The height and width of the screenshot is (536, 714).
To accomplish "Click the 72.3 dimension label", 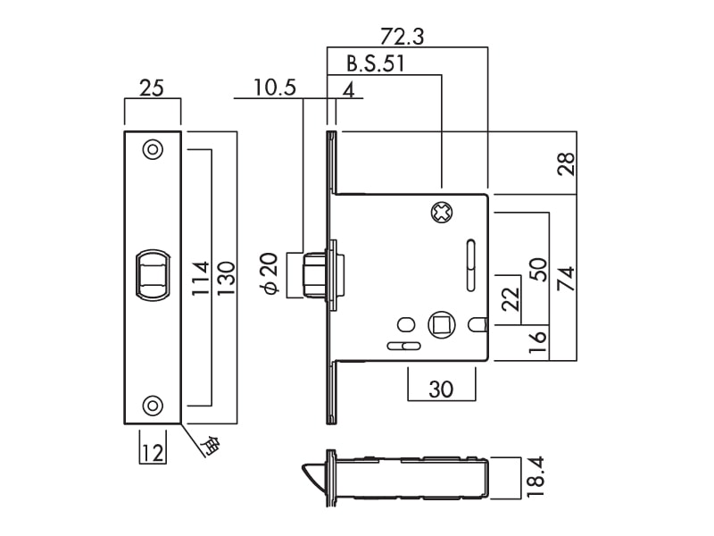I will pyautogui.click(x=402, y=37).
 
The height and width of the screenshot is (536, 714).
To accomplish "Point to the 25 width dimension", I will pyautogui.click(x=152, y=88).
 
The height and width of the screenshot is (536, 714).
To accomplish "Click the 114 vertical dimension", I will pyautogui.click(x=201, y=278).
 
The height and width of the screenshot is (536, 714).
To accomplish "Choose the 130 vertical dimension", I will pyautogui.click(x=225, y=278).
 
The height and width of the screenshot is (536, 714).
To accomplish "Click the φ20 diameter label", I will pyautogui.click(x=272, y=273).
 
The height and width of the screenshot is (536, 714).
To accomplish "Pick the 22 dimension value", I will pyautogui.click(x=511, y=298).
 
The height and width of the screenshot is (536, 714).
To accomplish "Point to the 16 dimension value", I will pyautogui.click(x=537, y=342).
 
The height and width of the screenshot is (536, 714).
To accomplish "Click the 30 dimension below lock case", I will pyautogui.click(x=441, y=390).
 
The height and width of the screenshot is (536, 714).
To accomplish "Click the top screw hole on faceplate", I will pyautogui.click(x=153, y=149).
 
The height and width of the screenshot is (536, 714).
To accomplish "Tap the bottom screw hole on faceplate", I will pyautogui.click(x=153, y=406).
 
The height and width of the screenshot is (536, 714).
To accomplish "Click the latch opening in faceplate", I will pyautogui.click(x=152, y=273).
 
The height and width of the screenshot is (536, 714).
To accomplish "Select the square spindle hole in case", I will pyautogui.click(x=442, y=323).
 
